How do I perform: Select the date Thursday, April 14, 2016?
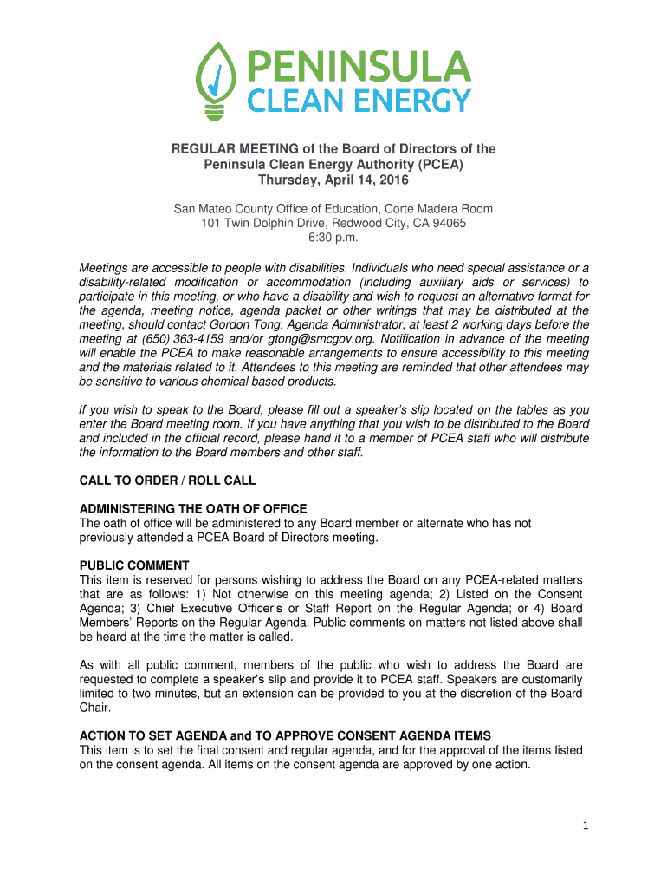[333, 180]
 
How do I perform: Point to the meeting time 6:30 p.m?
[333, 238]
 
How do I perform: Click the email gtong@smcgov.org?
[278, 339]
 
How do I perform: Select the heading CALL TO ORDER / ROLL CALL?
[167, 480]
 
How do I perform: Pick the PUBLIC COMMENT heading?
[134, 565]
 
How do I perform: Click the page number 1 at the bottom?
[586, 825]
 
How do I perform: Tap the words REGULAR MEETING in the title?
[221, 149]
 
